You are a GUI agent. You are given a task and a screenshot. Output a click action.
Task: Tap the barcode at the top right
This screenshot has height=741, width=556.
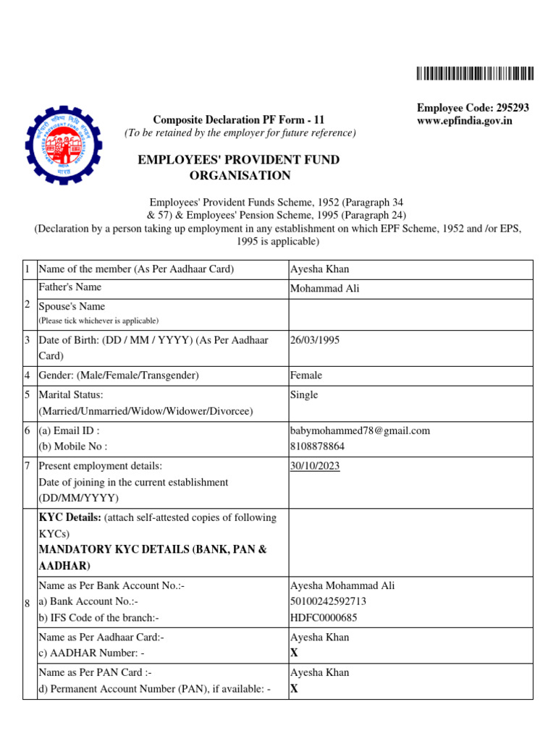click(475, 73)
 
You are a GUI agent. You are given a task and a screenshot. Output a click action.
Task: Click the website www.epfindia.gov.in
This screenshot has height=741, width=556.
click(464, 121)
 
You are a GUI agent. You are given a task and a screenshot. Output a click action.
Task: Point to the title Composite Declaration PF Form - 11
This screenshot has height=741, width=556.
click(239, 119)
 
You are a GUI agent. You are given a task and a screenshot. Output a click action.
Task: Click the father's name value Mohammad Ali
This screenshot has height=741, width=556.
click(324, 289)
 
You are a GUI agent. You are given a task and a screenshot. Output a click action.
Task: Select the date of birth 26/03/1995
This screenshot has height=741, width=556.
click(315, 339)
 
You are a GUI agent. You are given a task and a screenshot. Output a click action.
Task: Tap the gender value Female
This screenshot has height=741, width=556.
click(306, 376)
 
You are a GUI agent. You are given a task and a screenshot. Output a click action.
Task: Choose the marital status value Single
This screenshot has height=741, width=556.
click(304, 395)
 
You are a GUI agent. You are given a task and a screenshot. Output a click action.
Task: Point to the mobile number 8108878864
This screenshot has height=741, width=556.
click(317, 447)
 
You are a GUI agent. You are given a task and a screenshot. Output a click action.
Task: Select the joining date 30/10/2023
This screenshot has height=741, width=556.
click(315, 466)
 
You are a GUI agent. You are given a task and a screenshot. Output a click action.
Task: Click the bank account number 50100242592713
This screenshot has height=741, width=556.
click(328, 602)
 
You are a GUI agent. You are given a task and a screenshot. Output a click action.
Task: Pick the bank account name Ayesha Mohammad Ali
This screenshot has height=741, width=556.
click(342, 586)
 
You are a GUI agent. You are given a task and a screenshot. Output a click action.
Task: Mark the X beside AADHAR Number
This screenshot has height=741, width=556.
click(294, 653)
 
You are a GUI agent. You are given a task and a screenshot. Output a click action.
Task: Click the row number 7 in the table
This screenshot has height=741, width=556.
click(28, 466)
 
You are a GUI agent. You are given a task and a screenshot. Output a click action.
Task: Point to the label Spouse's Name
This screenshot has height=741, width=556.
click(72, 307)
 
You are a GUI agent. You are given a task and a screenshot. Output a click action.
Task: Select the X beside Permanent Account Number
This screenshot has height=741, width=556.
click(294, 688)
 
